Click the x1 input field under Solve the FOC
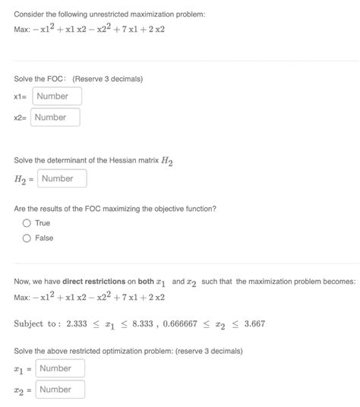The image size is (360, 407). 57,96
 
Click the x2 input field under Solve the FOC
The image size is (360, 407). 55,118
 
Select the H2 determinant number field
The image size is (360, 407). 62,179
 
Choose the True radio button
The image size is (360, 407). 27,223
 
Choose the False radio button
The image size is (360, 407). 27,238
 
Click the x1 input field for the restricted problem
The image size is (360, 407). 60,368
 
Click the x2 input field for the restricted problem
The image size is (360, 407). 60,390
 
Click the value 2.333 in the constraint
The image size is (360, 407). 77,323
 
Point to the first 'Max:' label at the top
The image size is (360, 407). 23,30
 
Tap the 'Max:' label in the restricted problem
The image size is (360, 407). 23,296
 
